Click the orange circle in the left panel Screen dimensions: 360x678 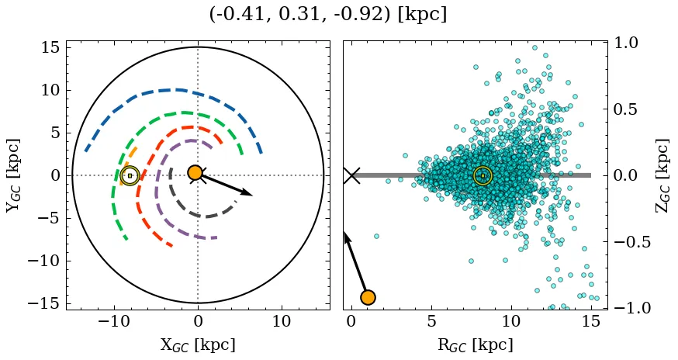click(195, 172)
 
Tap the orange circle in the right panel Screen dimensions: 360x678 click(368, 297)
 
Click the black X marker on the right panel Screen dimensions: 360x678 click(351, 175)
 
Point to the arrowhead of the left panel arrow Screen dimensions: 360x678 click(248, 193)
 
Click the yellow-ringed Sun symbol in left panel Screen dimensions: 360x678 click(130, 175)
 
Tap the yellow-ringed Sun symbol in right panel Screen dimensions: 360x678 click(483, 175)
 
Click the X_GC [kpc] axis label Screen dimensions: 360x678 click(198, 344)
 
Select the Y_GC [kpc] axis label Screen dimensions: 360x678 click(12, 175)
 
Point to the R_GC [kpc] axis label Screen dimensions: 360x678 click(475, 344)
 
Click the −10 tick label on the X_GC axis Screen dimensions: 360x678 click(114, 322)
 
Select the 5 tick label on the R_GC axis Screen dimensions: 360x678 click(431, 322)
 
